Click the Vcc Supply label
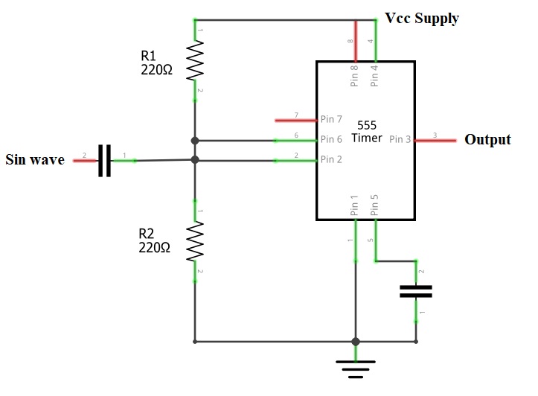422,19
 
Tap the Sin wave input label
35,159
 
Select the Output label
487,139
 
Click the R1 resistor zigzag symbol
195,60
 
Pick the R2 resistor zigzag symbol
195,241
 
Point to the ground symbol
356,367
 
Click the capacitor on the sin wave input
105,160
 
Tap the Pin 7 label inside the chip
331,119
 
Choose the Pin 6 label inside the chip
331,139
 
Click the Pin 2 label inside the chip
331,159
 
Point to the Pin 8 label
355,76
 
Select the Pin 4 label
375,76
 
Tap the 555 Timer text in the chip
368,131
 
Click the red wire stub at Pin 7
295,119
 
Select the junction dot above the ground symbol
356,342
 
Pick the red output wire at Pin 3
436,139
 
